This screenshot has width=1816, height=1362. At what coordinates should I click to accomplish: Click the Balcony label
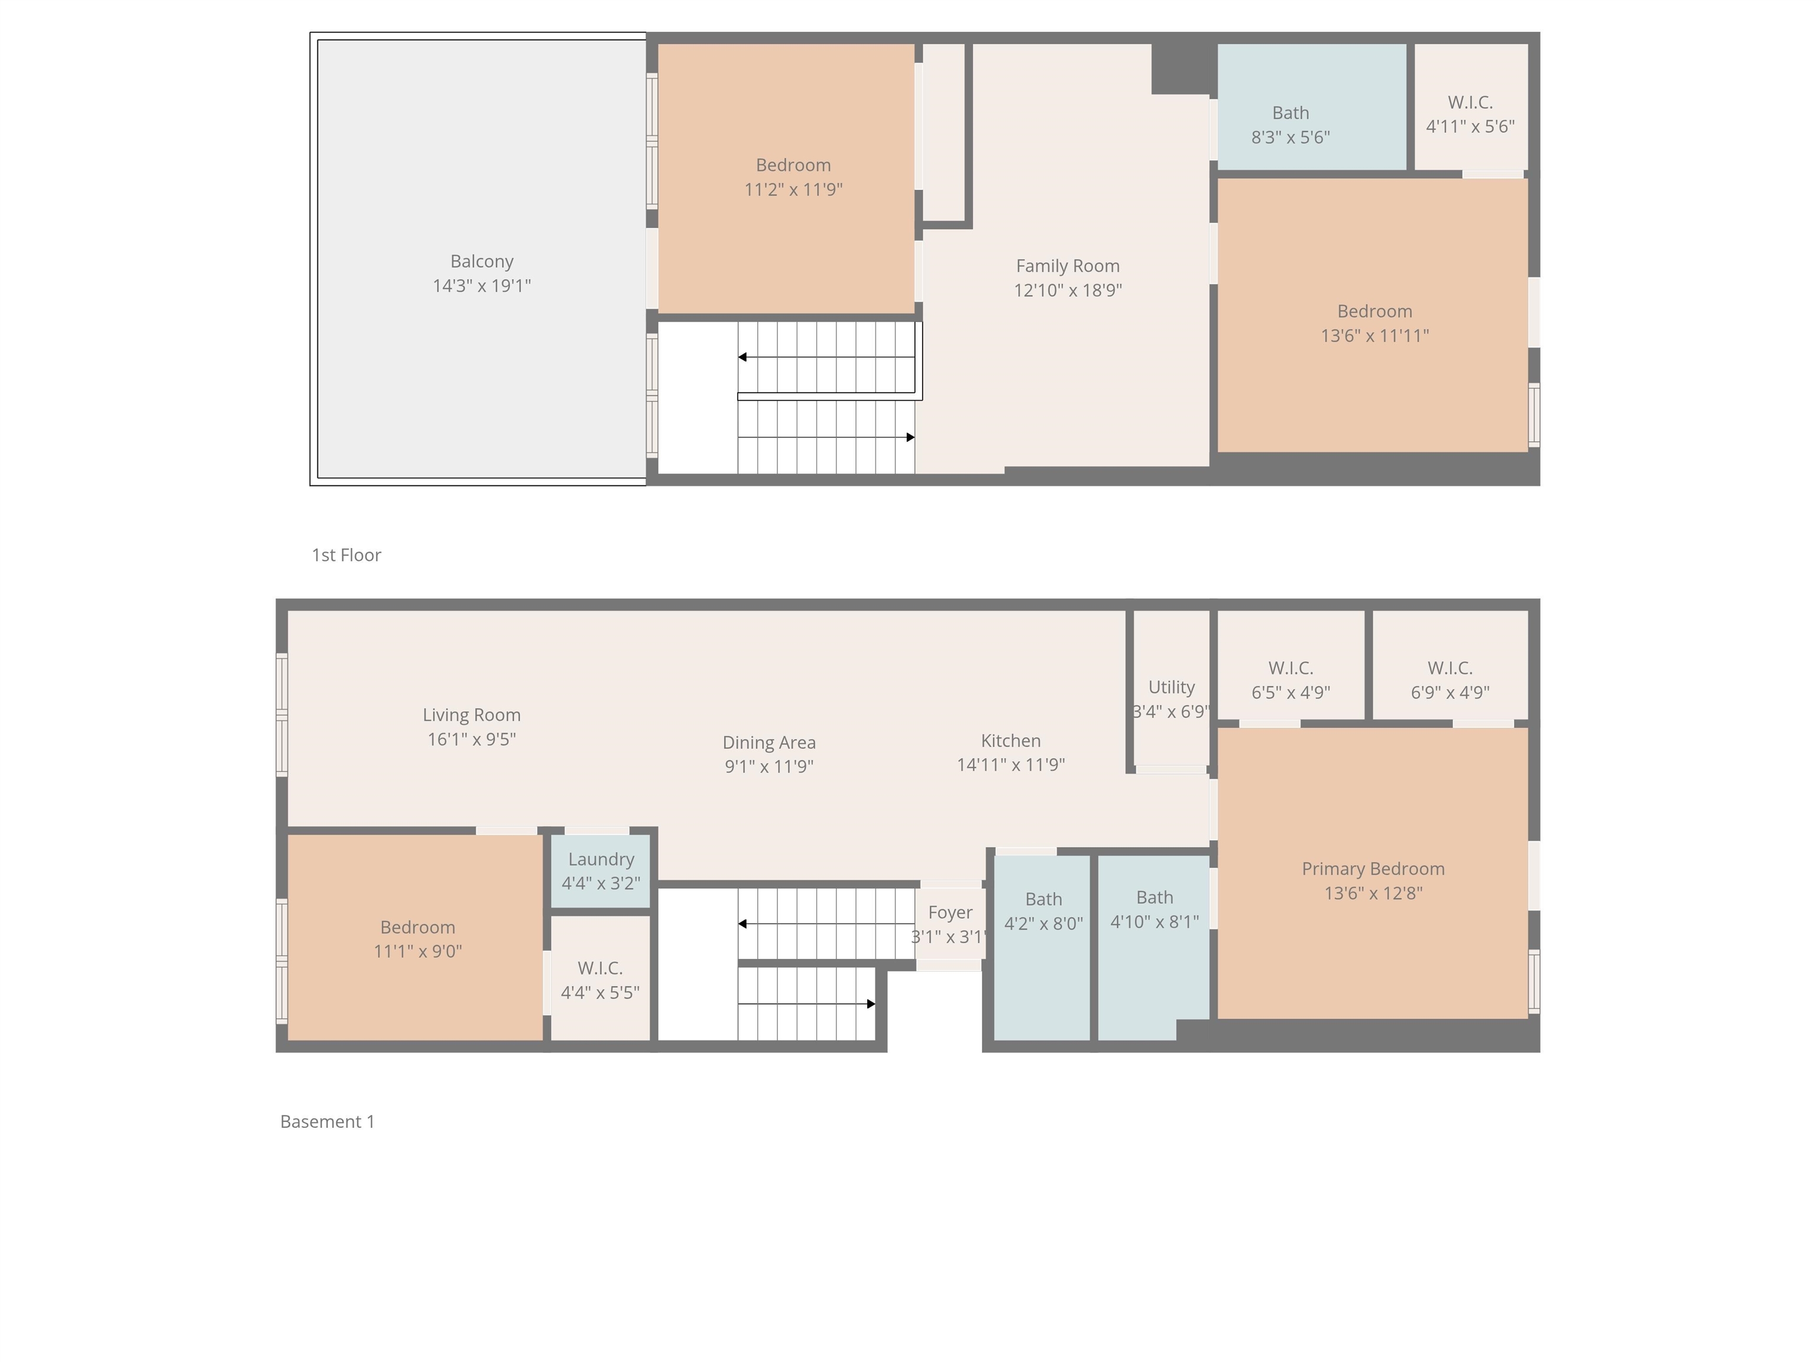tap(482, 262)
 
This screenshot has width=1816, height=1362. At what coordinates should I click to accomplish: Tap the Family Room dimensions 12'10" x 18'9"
tap(1067, 290)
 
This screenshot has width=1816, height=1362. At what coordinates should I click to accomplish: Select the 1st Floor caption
tap(346, 555)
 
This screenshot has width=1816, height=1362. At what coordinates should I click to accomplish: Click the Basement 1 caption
tap(327, 1121)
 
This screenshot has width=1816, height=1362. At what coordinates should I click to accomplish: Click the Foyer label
tap(950, 913)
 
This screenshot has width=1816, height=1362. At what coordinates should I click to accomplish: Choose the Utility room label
tap(1170, 687)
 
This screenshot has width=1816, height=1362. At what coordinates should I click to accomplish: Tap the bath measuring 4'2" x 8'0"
tap(1043, 912)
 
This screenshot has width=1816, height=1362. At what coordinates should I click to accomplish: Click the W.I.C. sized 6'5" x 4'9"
tap(1290, 680)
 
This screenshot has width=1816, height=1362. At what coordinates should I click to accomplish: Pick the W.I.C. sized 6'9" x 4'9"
tap(1450, 680)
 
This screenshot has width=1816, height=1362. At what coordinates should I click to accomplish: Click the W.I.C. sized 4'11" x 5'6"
tap(1470, 114)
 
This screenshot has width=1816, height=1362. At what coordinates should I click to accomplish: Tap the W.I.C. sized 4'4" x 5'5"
tap(600, 980)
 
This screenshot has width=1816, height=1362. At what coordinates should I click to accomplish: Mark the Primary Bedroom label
tap(1373, 868)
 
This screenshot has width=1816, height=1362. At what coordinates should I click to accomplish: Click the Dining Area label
tap(769, 742)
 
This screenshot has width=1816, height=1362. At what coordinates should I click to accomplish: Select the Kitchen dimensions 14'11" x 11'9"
tap(1011, 764)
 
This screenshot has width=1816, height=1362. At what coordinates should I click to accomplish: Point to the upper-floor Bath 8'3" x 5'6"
tap(1290, 125)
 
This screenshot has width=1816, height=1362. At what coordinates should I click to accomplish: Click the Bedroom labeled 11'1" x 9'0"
tap(417, 938)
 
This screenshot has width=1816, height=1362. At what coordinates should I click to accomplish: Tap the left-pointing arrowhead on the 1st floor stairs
tap(742, 357)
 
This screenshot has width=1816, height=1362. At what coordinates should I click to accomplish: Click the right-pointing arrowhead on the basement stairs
tap(871, 1003)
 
